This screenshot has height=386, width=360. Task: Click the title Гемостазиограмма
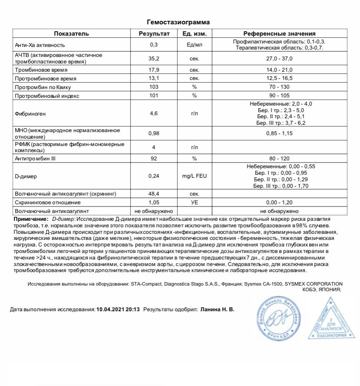180,22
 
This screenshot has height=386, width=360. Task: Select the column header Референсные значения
279,33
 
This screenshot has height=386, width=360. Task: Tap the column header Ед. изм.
194,33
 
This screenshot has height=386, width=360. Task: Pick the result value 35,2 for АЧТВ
153,58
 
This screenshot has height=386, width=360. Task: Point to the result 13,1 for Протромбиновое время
153,79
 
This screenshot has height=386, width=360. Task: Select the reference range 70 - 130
279,87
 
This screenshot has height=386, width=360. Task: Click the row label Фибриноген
30,113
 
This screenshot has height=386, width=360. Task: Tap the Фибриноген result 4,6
153,113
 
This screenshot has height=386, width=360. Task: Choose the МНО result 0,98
153,133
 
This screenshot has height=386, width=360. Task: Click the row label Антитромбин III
35,159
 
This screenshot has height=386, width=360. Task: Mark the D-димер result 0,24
153,176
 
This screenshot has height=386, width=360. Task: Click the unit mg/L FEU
194,176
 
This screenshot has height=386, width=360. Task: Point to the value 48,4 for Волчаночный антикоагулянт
153,193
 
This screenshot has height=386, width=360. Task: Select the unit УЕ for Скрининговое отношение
194,202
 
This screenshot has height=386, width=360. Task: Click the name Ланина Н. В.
217,310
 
